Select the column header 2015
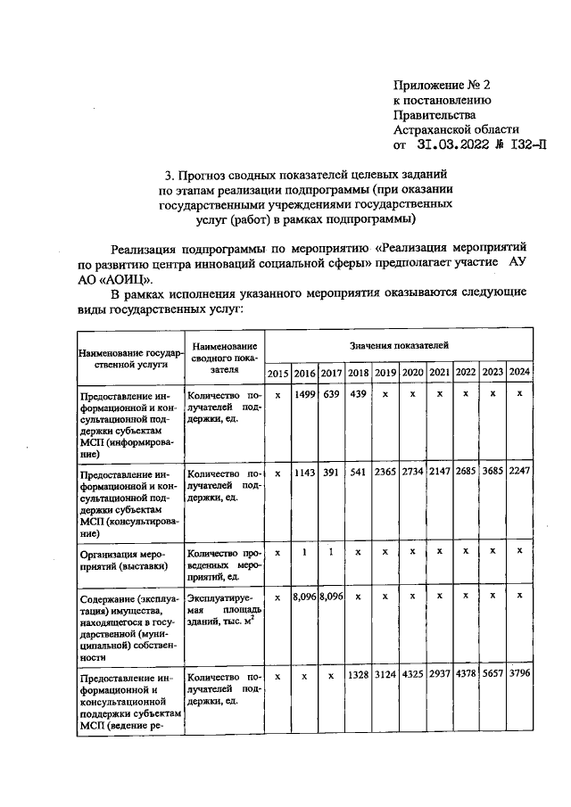click(x=277, y=372)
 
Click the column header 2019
click(x=385, y=372)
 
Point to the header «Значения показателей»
click(x=399, y=343)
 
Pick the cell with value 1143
click(x=305, y=473)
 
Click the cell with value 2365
click(x=385, y=473)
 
